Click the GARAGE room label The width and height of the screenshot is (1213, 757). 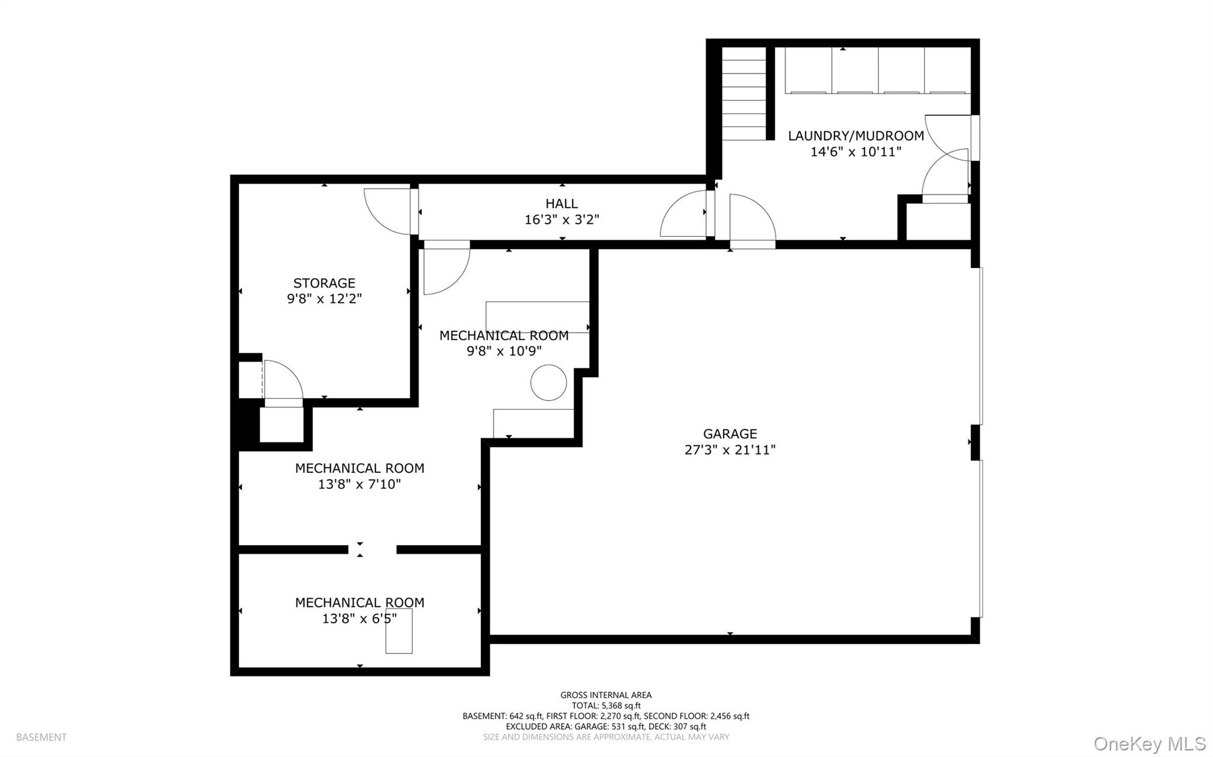(x=730, y=434)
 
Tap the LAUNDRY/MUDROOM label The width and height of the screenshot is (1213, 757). (x=856, y=136)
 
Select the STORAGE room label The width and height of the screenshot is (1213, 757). (x=324, y=283)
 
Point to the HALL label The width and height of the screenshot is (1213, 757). (x=561, y=204)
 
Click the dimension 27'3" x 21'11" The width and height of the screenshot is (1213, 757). (x=730, y=450)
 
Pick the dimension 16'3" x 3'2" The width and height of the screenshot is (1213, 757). (x=561, y=220)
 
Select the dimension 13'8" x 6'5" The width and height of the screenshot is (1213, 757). (x=360, y=619)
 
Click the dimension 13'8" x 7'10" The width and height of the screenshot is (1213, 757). (x=360, y=484)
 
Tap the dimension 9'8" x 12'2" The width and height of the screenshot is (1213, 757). (x=324, y=299)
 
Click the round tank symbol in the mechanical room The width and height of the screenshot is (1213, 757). (x=548, y=383)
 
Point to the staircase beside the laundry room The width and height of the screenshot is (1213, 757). (x=744, y=93)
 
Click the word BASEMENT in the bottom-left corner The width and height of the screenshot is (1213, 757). (x=41, y=737)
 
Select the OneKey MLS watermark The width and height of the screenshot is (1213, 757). (x=1150, y=743)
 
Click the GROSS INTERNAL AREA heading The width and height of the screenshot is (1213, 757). (x=606, y=695)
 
